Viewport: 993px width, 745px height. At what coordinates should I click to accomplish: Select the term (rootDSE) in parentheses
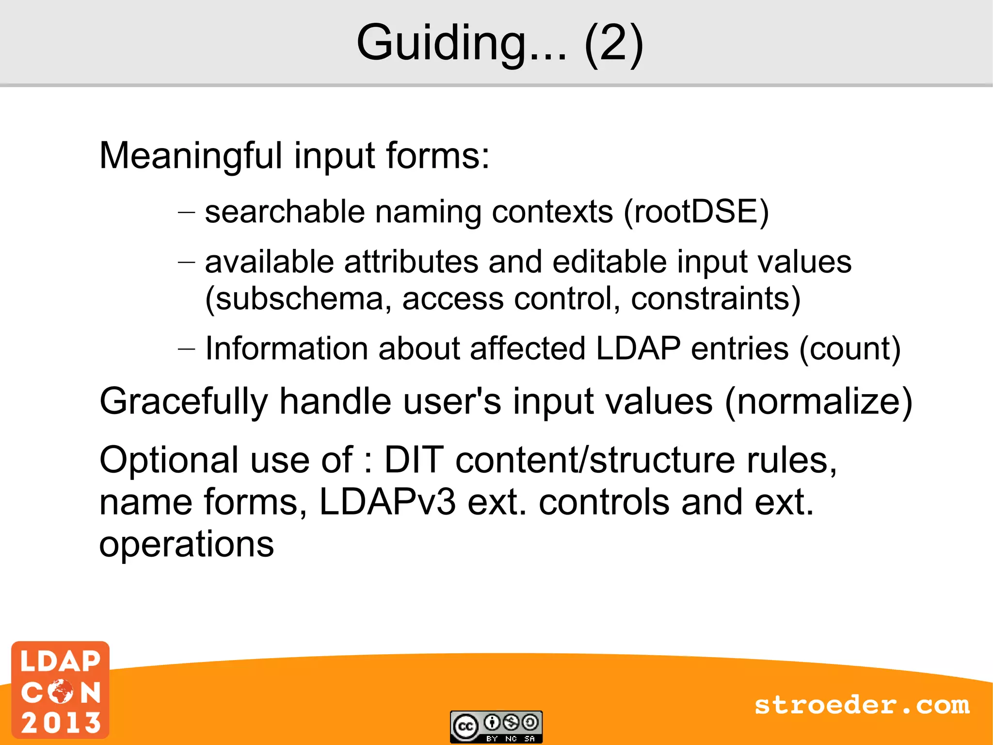696,212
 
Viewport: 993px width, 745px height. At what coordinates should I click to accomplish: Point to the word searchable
285,212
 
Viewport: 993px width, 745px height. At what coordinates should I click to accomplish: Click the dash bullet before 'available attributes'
186,262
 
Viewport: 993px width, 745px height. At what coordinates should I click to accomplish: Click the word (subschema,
298,298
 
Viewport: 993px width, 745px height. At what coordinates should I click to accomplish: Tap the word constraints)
716,298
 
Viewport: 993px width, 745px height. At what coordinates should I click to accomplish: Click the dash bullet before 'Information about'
186,348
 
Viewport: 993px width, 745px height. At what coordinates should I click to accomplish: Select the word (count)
849,348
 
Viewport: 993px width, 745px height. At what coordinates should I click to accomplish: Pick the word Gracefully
183,402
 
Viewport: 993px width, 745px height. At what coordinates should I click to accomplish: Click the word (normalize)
818,402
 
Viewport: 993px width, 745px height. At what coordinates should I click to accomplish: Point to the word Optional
169,460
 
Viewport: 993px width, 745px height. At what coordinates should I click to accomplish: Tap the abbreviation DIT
414,460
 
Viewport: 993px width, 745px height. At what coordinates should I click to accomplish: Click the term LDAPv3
387,502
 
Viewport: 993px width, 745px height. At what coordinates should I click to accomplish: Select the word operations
186,545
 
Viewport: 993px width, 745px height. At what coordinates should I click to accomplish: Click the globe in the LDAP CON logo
61,691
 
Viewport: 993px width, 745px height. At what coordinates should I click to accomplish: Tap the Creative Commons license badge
496,727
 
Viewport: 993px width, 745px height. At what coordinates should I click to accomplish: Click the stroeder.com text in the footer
862,705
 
